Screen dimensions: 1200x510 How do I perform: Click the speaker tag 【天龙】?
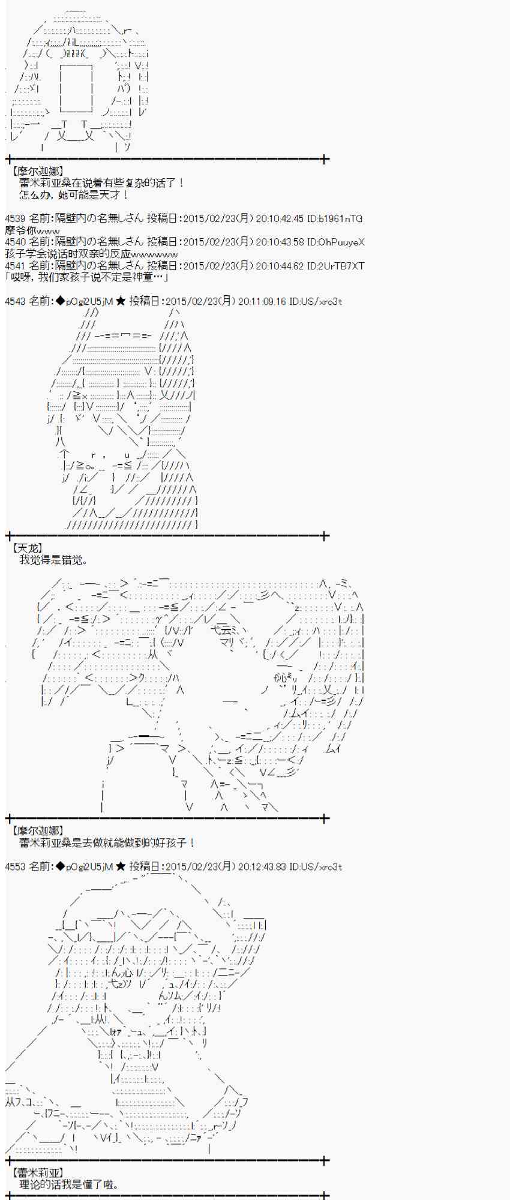point(27,548)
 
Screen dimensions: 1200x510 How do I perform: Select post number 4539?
point(14,219)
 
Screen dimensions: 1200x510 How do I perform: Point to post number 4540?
point(14,242)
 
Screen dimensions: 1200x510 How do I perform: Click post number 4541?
point(14,266)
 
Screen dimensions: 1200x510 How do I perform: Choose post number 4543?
point(14,301)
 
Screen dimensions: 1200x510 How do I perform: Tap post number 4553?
point(14,866)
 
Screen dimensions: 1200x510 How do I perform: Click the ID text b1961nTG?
point(340,219)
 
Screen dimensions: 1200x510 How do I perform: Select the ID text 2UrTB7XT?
point(341,266)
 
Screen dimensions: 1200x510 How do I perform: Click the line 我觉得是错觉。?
point(53,560)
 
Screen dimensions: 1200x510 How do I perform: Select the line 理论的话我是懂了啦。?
point(68,1184)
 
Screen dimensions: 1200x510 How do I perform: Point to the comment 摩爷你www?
point(32,230)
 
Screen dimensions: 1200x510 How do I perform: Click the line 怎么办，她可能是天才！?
point(73,195)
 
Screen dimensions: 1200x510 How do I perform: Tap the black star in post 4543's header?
point(120,301)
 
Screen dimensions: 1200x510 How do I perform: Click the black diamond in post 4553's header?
point(59,866)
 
